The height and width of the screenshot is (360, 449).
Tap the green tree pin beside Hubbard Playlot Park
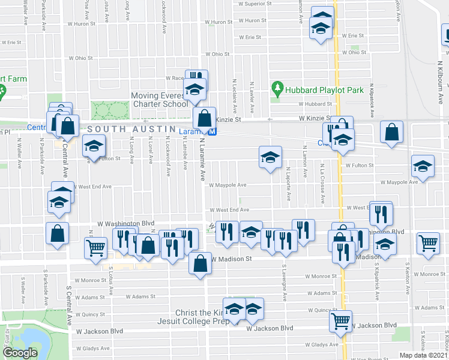pyautogui.click(x=277, y=89)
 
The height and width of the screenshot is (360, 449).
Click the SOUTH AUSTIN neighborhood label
pyautogui.click(x=125, y=129)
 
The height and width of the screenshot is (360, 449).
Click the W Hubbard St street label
pyautogui.click(x=310, y=104)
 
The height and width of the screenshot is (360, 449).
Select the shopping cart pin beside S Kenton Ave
pyautogui.click(x=428, y=242)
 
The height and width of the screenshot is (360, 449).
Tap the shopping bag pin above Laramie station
pyautogui.click(x=205, y=116)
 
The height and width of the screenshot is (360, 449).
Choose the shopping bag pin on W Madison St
pyautogui.click(x=200, y=262)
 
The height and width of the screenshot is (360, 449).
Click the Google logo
pyautogui.click(x=20, y=353)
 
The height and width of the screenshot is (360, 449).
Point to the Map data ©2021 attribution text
pyautogui.click(x=424, y=355)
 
